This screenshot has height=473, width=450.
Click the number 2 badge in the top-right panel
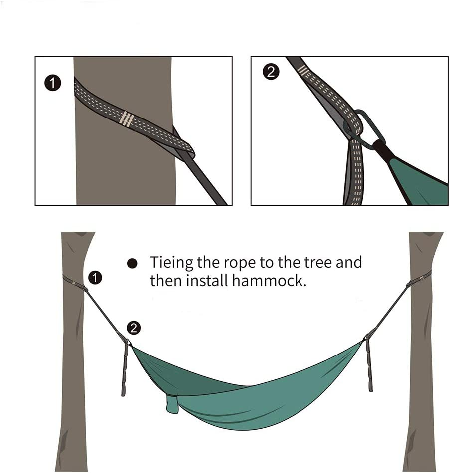tap(271, 72)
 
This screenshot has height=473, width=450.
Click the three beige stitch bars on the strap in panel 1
tap(127, 118)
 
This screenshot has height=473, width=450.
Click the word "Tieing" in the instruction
tap(172, 263)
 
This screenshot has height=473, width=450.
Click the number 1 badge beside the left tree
tap(95, 277)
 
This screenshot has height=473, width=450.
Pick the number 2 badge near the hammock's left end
tap(134, 327)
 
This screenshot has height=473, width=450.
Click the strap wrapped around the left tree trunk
tap(73, 282)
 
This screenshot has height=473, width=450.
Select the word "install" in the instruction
tap(208, 280)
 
